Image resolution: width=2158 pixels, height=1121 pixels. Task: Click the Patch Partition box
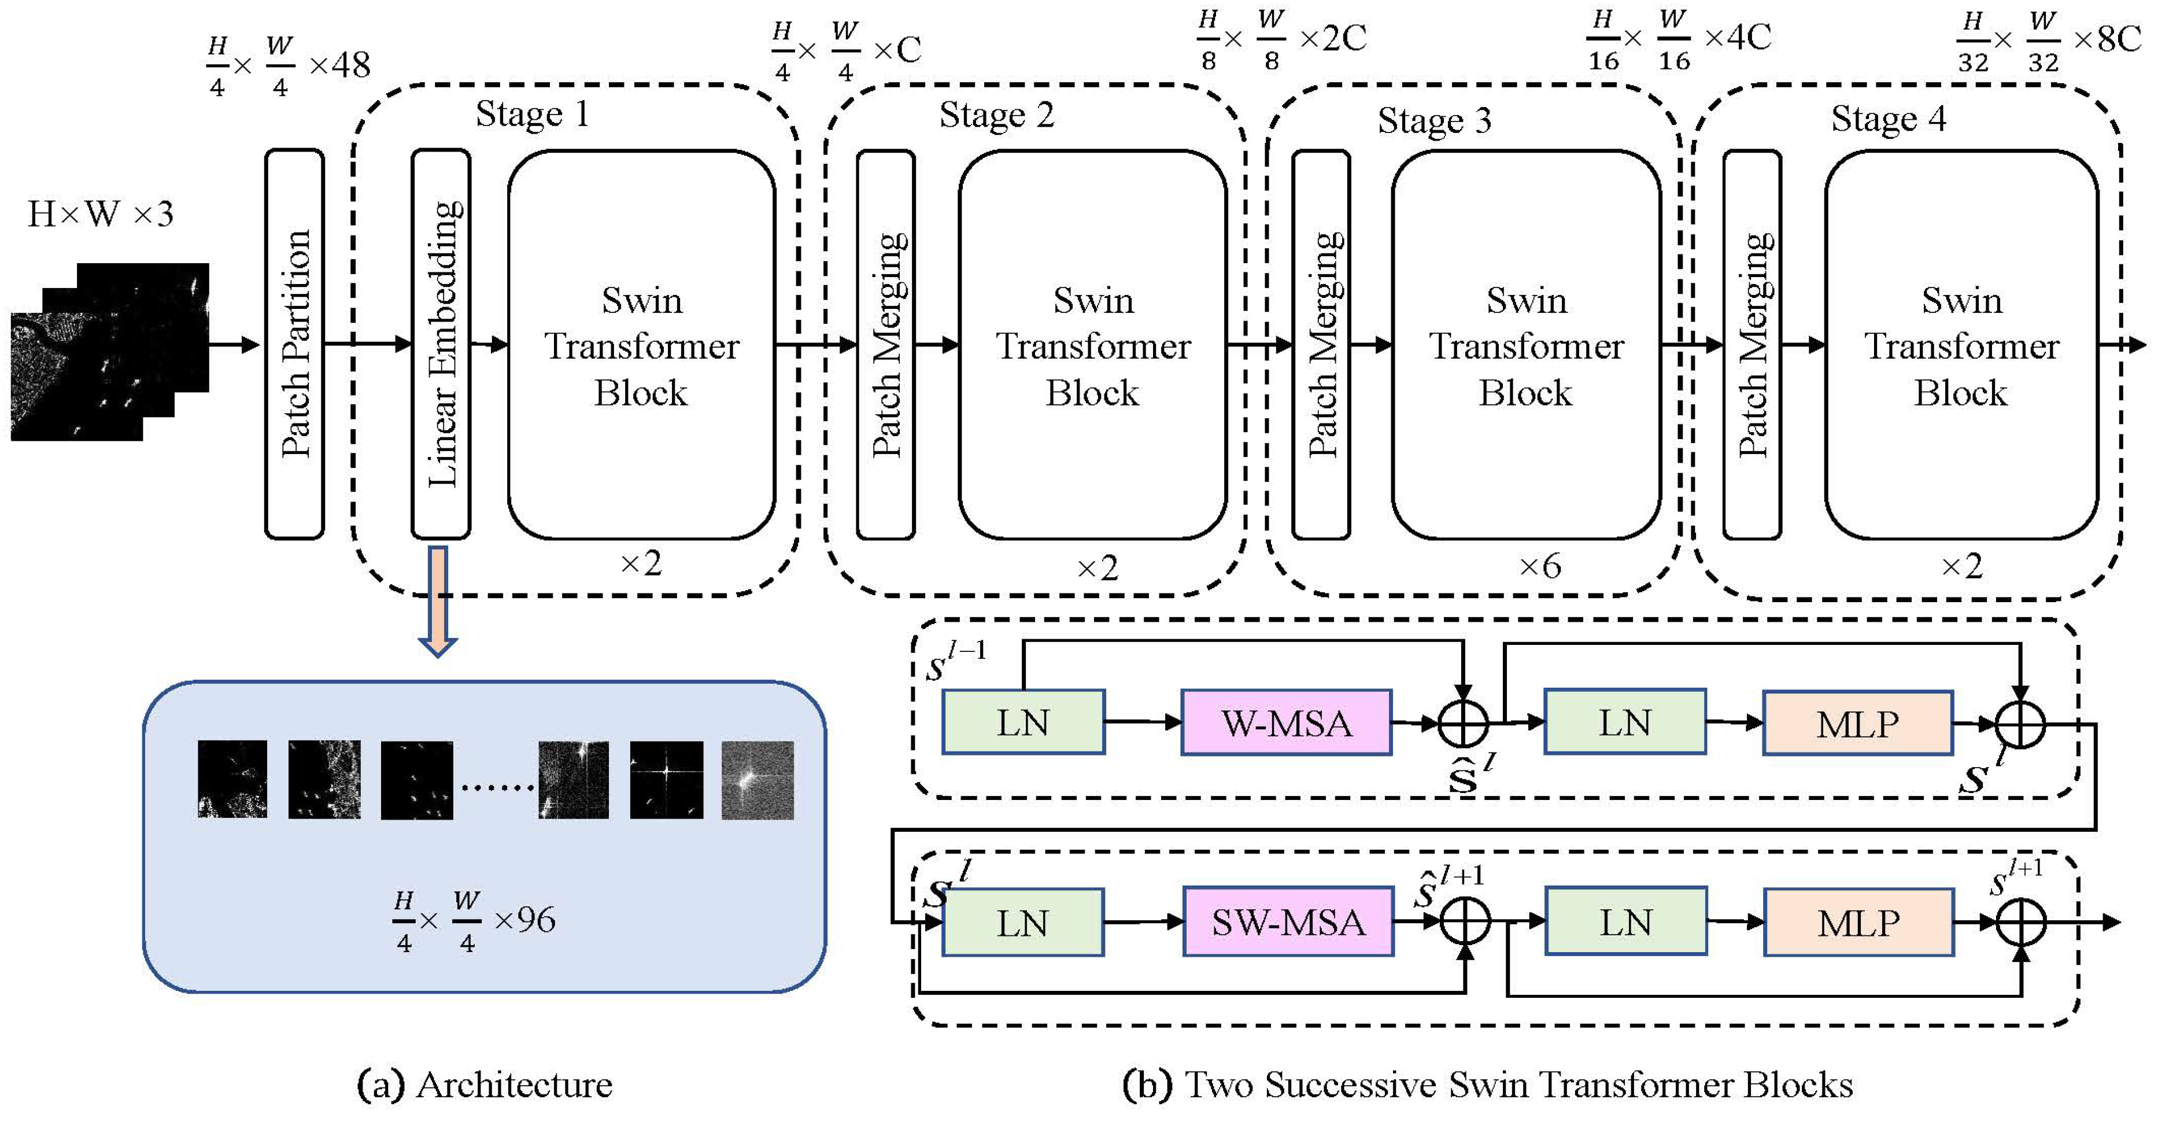coord(294,344)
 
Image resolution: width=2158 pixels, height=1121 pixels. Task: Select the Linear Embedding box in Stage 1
coord(441,344)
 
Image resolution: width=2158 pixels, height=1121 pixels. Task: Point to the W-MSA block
coord(1286,723)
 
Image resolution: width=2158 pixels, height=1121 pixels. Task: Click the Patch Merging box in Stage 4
coord(1751,344)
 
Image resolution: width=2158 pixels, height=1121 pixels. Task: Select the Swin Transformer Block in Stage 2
coord(1092,345)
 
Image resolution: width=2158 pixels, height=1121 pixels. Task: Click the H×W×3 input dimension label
coord(101,215)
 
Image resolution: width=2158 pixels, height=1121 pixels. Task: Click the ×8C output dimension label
coord(2106,39)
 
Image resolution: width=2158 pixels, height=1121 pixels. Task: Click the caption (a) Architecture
coord(484,1084)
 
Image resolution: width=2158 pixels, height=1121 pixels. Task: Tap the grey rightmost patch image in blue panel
coord(757,779)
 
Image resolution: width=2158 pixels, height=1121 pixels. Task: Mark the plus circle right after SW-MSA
coord(1465,921)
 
